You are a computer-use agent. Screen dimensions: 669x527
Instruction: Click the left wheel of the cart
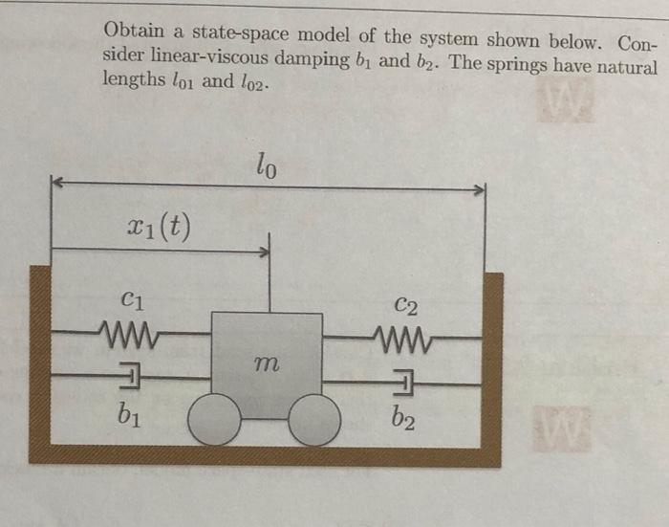[215, 421]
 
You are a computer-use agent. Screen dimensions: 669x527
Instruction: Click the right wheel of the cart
[314, 421]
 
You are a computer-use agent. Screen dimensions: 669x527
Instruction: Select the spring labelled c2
[400, 336]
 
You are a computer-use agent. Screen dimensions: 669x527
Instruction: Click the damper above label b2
[403, 383]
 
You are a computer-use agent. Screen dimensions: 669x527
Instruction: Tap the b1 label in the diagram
[133, 415]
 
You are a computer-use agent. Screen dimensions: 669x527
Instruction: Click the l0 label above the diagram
[268, 169]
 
